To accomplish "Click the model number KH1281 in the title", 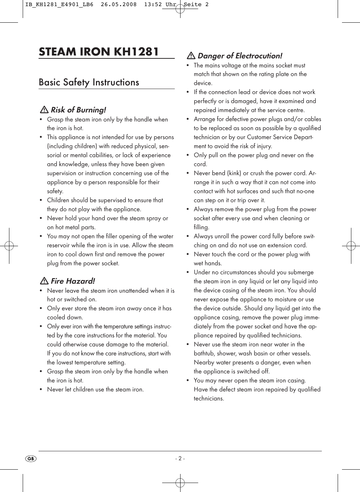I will pyautogui.click(x=136, y=51).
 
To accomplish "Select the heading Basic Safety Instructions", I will pyautogui.click(x=89, y=82).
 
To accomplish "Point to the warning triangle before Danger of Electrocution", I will pyautogui.click(x=191, y=56).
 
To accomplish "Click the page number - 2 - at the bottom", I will pyautogui.click(x=180, y=459).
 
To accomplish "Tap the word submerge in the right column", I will pyautogui.click(x=300, y=272).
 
